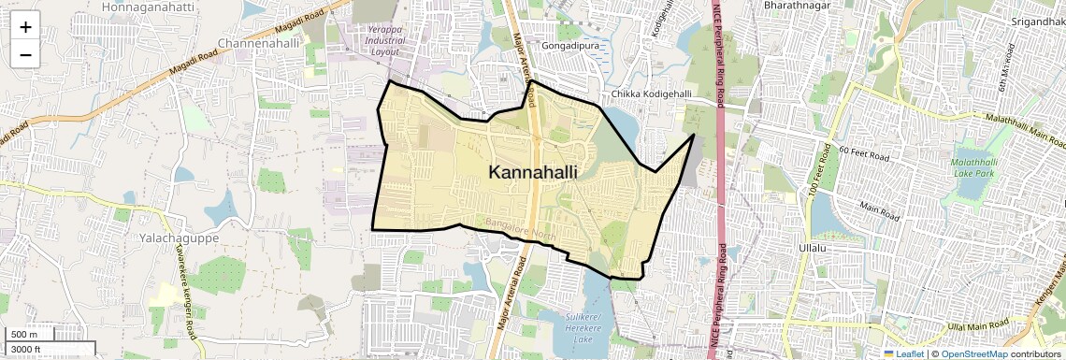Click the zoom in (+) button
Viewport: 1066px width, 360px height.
25,27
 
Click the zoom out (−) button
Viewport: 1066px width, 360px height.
25,55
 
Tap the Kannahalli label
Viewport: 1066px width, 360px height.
532,172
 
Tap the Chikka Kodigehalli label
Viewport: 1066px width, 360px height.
651,94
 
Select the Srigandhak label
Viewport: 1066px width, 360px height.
1038,21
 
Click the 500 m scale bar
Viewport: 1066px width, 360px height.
28,335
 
